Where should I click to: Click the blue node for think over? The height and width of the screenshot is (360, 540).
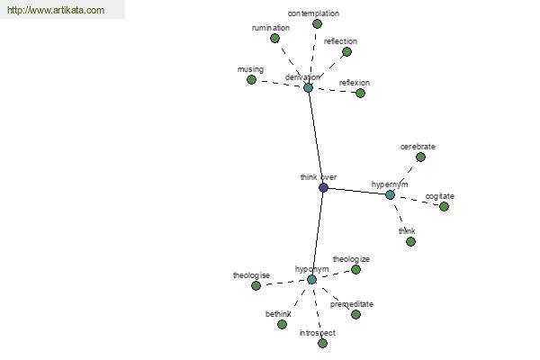coord(323,188)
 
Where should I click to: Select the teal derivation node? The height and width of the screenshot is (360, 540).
coord(308,87)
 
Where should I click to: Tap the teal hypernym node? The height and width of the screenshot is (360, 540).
coord(390,195)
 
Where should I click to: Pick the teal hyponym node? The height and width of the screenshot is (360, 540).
coord(311,279)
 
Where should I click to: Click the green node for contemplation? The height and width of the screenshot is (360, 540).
coord(317,23)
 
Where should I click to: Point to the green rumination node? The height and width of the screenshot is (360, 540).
coord(274,38)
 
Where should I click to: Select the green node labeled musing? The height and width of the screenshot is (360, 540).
coord(251,80)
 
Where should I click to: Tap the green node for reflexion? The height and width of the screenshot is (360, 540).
coord(360,93)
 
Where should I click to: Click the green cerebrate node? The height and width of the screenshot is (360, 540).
coord(420,157)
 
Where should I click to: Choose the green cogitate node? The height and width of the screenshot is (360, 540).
coord(444,207)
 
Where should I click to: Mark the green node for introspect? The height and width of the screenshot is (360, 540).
coord(322,343)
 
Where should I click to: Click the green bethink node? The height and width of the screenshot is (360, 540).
coord(282,324)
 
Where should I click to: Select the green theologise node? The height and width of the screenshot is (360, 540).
coord(256,285)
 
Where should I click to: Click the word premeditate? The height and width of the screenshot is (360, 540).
coord(352,304)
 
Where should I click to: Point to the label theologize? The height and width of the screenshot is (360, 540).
coord(351,259)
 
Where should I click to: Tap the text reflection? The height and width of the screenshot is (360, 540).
coord(340,41)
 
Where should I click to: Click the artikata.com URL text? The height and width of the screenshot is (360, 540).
coord(56,10)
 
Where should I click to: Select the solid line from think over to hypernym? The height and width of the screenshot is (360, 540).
coord(356,192)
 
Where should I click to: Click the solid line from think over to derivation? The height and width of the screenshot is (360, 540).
coord(316,138)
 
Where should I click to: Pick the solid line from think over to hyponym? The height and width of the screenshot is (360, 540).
coord(318,234)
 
